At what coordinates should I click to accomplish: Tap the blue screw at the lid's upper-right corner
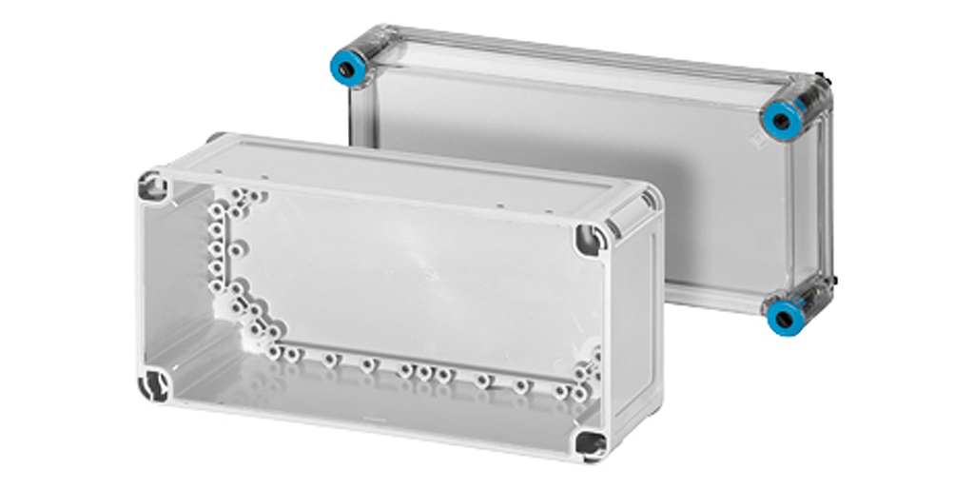point(782,120)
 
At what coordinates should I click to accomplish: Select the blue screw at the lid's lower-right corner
point(785,317)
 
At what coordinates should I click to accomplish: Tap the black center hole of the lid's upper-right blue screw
point(782,121)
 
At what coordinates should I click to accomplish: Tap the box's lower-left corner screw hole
point(153,385)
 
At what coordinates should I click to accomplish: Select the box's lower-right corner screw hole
point(591,442)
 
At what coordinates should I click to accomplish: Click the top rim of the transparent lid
point(571,52)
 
